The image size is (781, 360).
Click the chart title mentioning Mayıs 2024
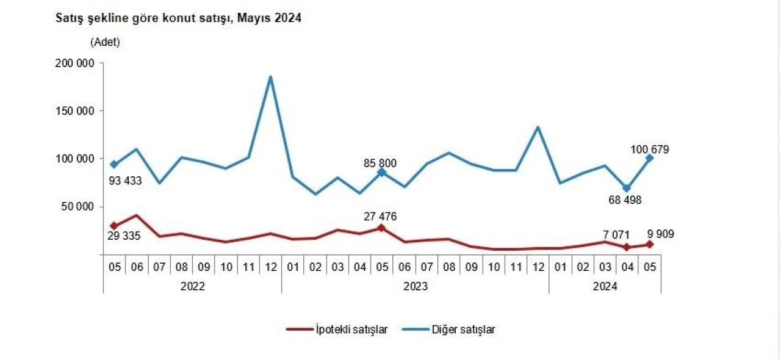point(179,18)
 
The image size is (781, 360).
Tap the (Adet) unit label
point(106,43)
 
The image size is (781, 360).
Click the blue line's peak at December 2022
point(270,77)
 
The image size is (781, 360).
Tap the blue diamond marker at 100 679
point(649,158)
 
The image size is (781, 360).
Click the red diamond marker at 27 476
point(381,228)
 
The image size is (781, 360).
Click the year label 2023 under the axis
point(415,286)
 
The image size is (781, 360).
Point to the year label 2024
point(604,286)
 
